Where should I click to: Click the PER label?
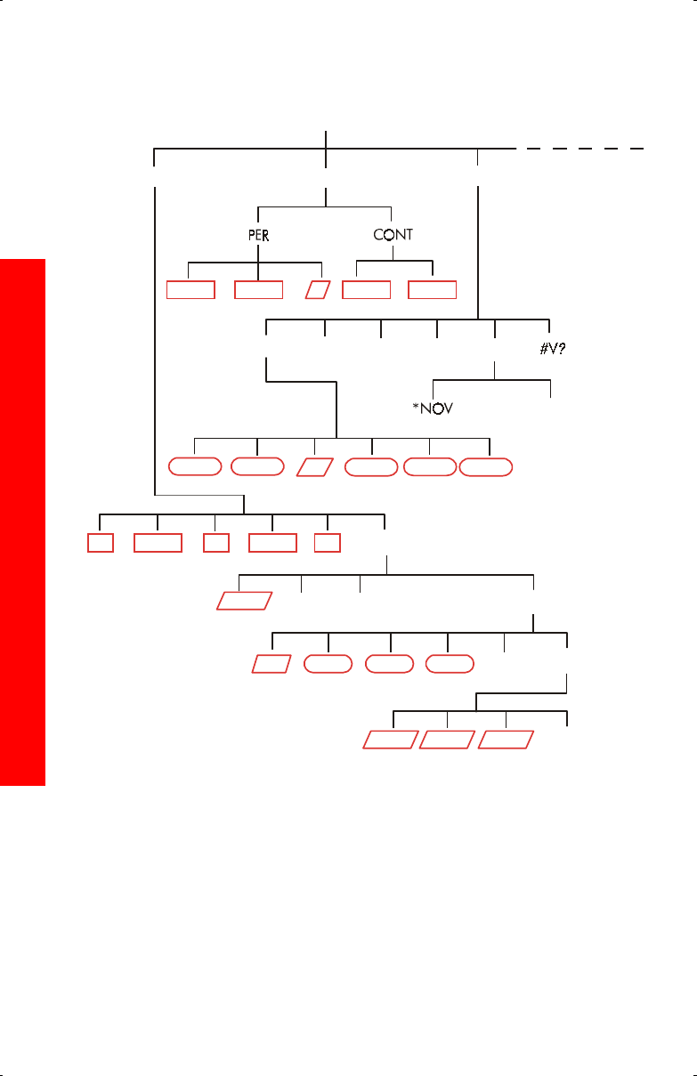(x=258, y=235)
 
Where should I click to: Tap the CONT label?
(x=393, y=235)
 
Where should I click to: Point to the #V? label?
(x=553, y=349)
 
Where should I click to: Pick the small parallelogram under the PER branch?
(x=318, y=289)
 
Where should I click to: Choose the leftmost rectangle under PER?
(x=191, y=289)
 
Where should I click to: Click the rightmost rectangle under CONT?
(x=432, y=289)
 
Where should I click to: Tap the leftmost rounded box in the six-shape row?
(x=195, y=466)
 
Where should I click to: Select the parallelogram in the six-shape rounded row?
(x=315, y=466)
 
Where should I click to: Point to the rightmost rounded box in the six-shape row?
(x=486, y=466)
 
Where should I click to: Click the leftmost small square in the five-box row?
(x=101, y=542)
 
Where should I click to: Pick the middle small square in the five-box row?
(x=215, y=542)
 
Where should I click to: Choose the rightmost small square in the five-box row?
(x=328, y=542)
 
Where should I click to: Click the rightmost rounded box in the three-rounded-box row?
(x=450, y=664)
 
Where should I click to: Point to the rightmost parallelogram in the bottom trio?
(x=506, y=740)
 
